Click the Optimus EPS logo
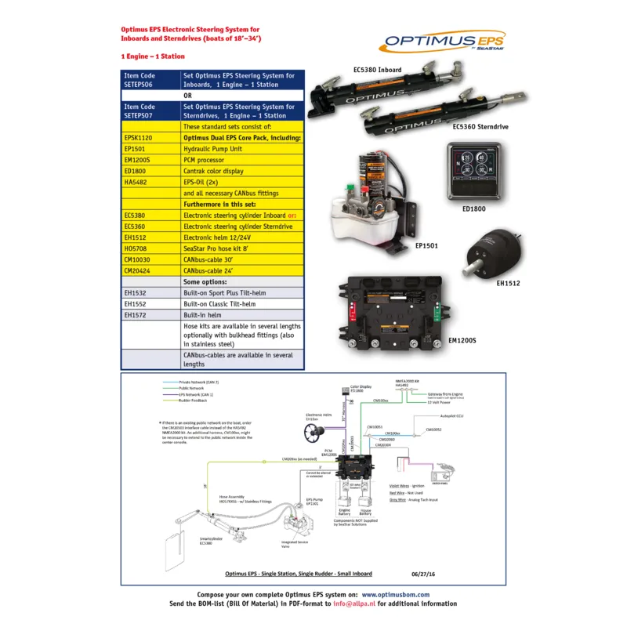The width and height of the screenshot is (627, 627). pos(444,41)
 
